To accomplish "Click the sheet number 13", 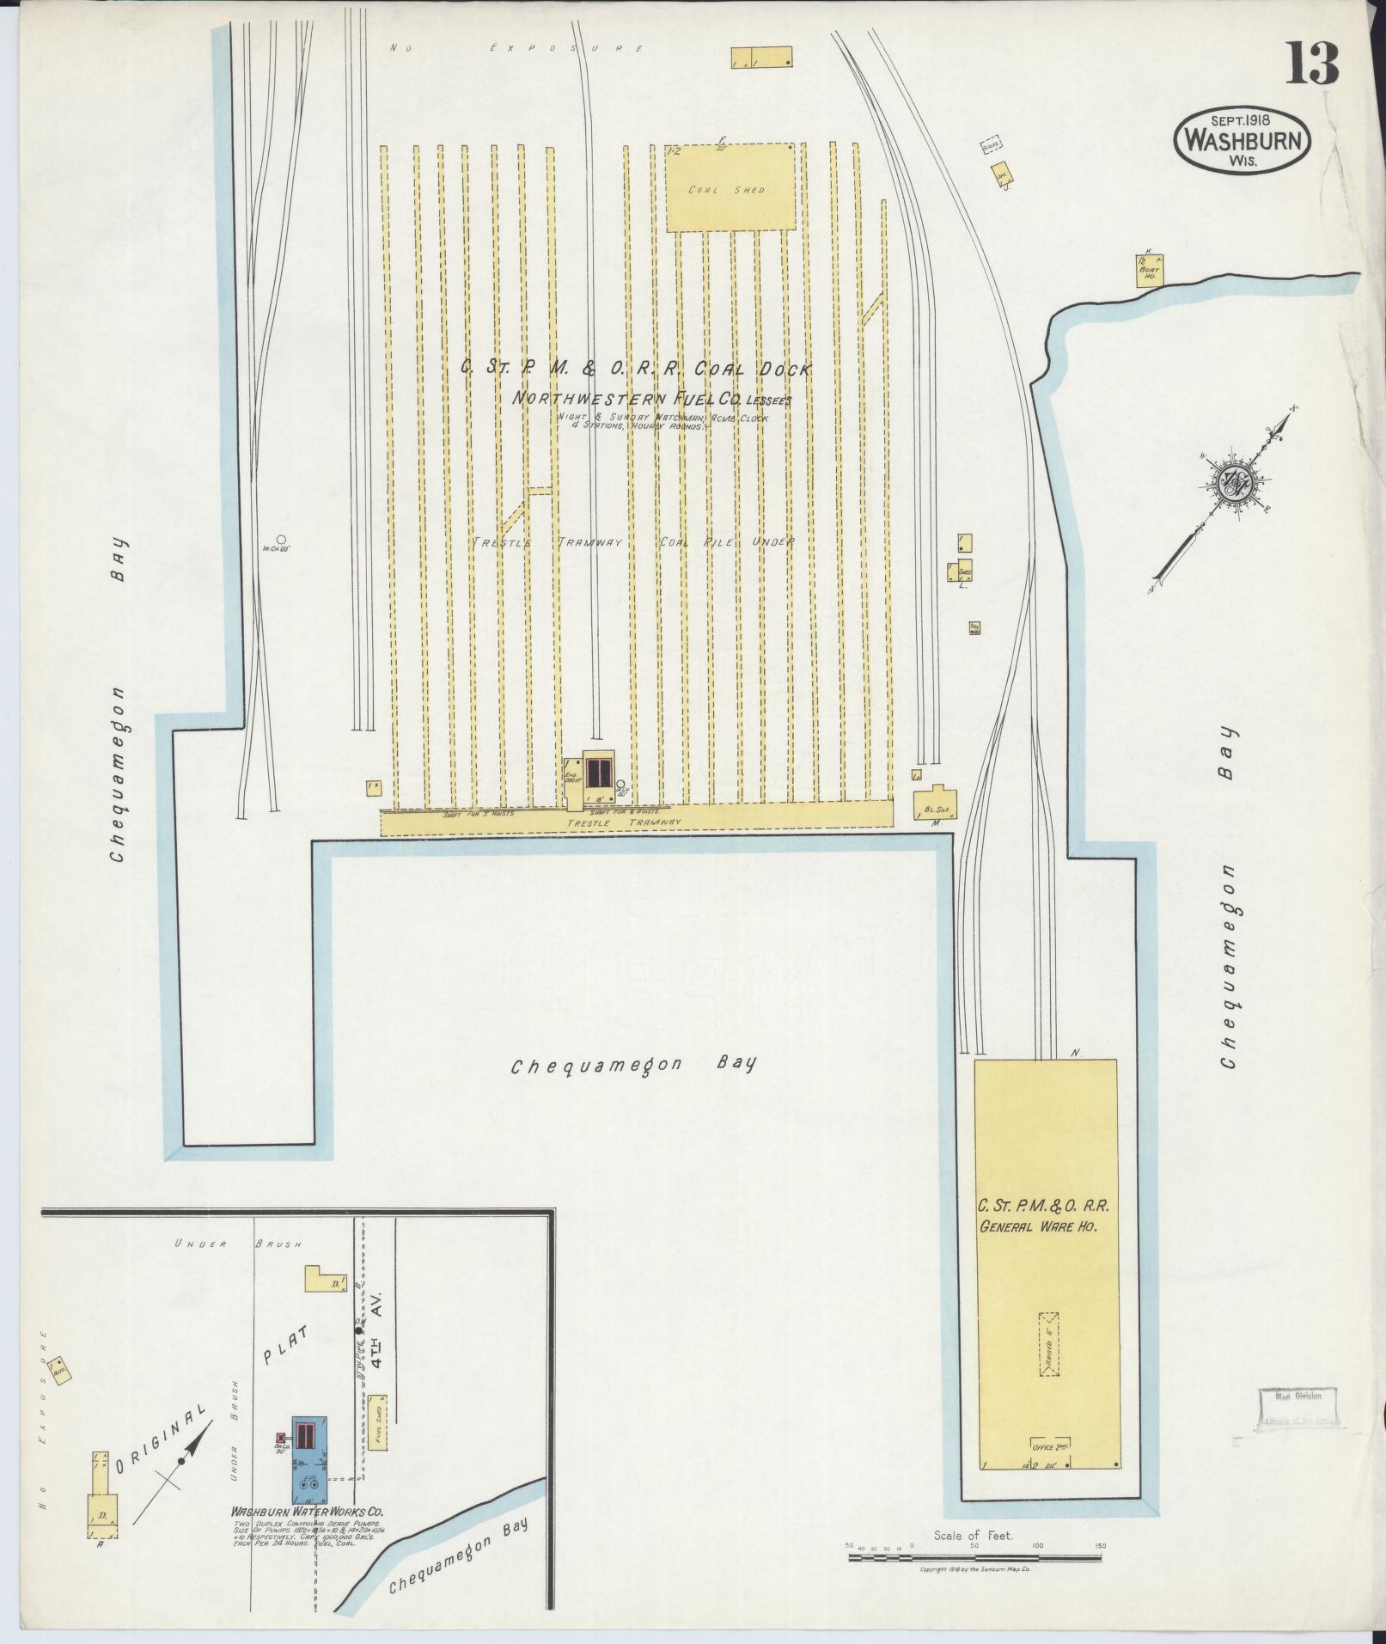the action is pyautogui.click(x=1312, y=64).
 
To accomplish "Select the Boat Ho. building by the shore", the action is pyautogui.click(x=1149, y=270).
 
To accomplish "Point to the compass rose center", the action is pyautogui.click(x=1233, y=480).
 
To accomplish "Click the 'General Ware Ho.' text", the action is pyautogui.click(x=1037, y=1227).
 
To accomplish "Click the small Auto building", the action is pyautogui.click(x=59, y=1368).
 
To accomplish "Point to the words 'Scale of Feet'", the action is pyautogui.click(x=974, y=1535).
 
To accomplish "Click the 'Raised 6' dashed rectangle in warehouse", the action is pyautogui.click(x=1048, y=1344).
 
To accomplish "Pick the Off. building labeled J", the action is pyautogui.click(x=1001, y=175).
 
